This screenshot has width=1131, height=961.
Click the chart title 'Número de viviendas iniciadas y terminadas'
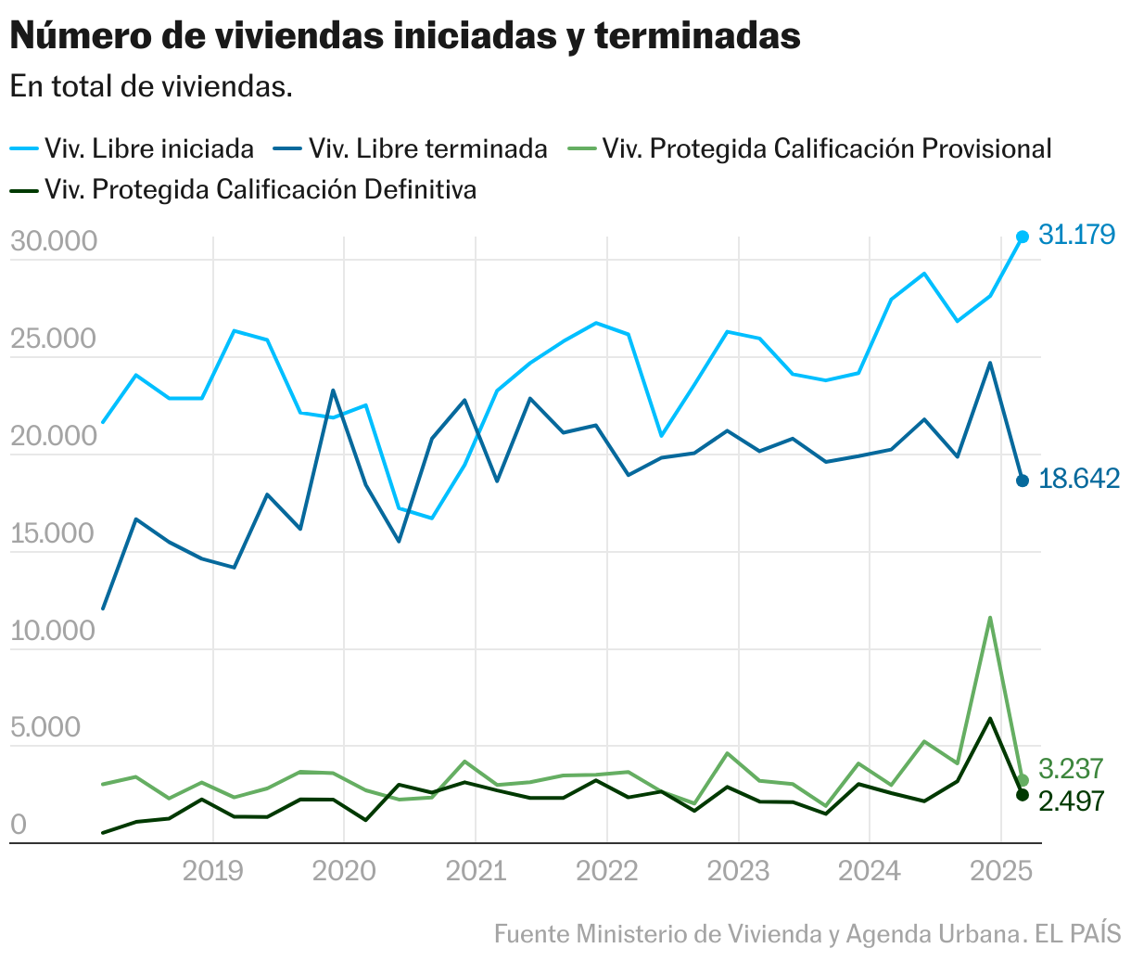coord(405,36)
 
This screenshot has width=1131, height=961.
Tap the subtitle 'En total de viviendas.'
coord(151,87)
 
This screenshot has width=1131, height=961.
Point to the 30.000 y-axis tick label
coord(54,241)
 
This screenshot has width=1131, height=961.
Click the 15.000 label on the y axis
coord(54,533)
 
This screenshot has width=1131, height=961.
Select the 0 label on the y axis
coord(19,825)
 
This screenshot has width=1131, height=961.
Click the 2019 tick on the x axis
coord(212,872)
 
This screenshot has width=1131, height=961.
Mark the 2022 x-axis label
coord(606,872)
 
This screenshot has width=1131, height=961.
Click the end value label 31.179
coord(1075,235)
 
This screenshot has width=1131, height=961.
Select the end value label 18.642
coord(1078,479)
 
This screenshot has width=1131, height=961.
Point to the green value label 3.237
coord(1071,769)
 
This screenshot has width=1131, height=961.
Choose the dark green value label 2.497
coord(1071,801)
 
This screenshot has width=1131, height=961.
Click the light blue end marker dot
coord(1023,237)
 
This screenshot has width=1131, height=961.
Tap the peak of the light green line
coord(990,618)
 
